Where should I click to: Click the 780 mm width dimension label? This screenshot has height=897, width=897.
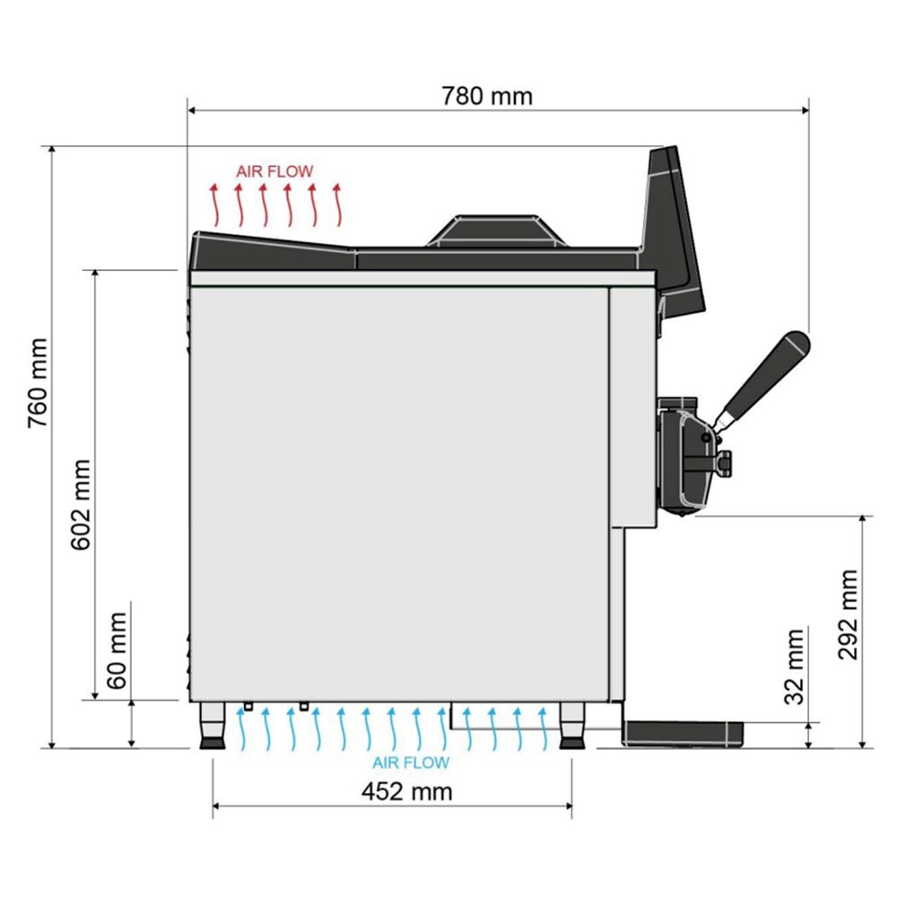click(x=487, y=96)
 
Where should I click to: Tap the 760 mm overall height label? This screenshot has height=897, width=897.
click(x=39, y=383)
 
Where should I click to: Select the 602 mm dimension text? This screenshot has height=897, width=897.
click(x=81, y=504)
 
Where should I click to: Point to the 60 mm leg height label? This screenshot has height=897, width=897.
click(x=117, y=650)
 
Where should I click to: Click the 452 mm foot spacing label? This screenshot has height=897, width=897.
click(x=406, y=792)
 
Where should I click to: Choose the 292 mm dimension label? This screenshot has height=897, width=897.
click(x=848, y=615)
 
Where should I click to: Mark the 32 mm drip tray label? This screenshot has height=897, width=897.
click(x=794, y=666)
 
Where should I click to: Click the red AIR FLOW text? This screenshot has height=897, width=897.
click(x=275, y=171)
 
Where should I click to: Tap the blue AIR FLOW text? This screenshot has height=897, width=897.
click(x=411, y=762)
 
